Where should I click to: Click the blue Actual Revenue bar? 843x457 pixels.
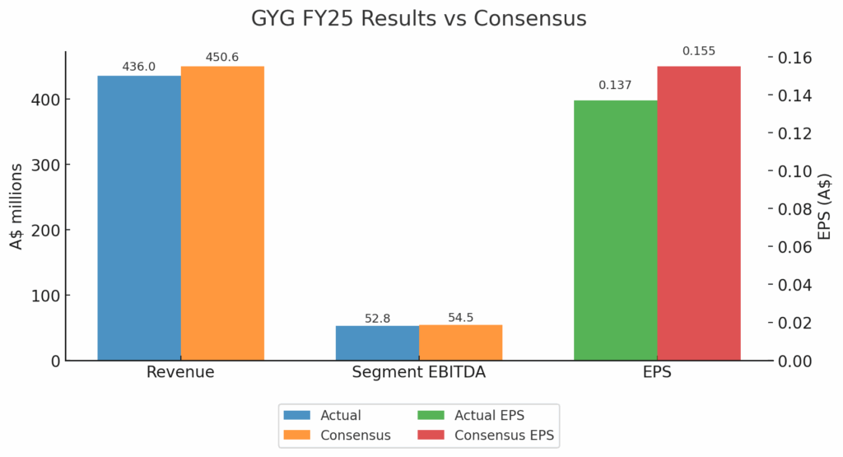[139, 218]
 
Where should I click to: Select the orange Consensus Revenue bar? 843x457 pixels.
[222, 213]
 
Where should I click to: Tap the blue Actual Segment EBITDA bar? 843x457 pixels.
[377, 343]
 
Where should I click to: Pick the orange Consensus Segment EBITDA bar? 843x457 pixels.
[460, 343]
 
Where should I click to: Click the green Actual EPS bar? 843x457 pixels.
[615, 231]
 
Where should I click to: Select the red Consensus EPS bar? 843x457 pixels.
[699, 213]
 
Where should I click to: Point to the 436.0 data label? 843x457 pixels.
[138, 67]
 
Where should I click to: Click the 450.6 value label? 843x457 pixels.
[222, 57]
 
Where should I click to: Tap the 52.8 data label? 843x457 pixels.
[377, 318]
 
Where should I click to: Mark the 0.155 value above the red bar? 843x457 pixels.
[699, 51]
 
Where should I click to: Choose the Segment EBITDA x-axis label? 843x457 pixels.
[418, 372]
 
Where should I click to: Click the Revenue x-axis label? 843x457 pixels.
[180, 372]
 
